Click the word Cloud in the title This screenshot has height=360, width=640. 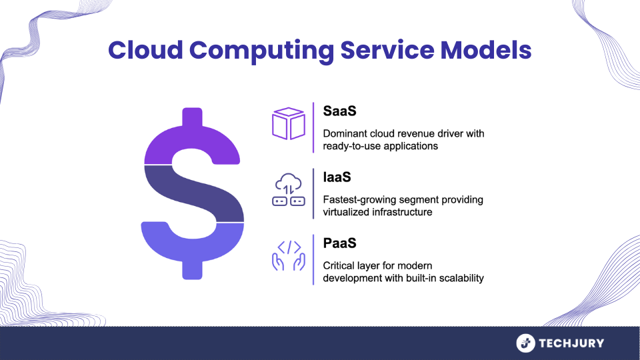[145, 50]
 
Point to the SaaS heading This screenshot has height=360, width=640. [339, 111]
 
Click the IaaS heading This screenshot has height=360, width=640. [337, 177]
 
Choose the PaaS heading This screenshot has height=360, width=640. [339, 243]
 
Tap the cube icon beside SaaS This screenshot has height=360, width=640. [289, 124]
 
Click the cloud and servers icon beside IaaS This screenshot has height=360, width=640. [289, 189]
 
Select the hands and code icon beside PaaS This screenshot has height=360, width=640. [289, 255]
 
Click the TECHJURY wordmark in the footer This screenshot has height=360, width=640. [571, 343]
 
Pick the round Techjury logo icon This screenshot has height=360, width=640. [526, 343]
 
